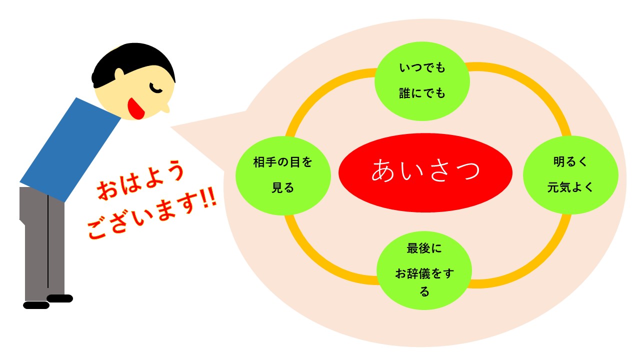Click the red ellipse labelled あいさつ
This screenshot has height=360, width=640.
(x=425, y=172)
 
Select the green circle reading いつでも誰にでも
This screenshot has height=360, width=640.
(x=422, y=81)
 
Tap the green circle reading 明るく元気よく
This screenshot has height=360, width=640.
(x=570, y=175)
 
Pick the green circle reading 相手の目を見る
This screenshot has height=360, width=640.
(x=283, y=175)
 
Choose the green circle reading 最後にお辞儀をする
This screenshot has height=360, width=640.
(x=424, y=270)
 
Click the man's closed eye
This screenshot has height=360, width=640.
(x=155, y=88)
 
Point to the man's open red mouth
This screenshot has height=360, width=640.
(x=136, y=108)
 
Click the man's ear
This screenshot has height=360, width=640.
(x=119, y=75)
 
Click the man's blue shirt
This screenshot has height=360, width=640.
(x=70, y=150)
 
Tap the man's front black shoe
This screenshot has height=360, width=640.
(x=59, y=298)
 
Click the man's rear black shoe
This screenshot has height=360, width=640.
(x=36, y=305)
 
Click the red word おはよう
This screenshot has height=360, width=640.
(x=140, y=179)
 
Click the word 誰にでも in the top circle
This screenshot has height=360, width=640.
(x=422, y=93)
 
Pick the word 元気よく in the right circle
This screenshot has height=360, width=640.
(x=570, y=187)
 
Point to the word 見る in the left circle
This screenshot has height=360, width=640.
(x=283, y=188)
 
